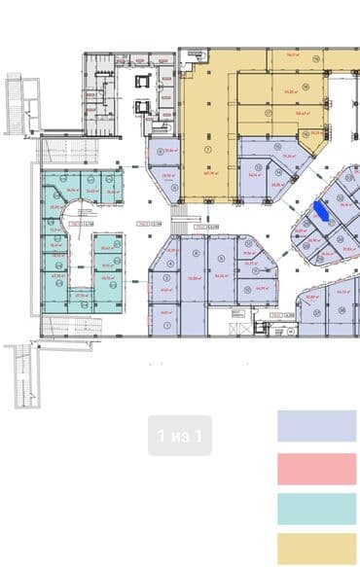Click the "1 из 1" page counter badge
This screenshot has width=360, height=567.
tap(180, 436)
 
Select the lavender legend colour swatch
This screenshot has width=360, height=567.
tap(316, 426)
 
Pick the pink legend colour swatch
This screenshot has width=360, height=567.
tap(316, 468)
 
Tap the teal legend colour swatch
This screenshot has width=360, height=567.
tap(316, 509)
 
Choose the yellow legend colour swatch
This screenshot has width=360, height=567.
tap(316, 549)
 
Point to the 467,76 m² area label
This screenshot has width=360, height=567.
tap(207, 172)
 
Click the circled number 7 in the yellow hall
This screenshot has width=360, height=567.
tap(207, 151)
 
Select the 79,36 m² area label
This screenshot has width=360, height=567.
tap(288, 155)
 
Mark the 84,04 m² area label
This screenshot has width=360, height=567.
tap(221, 275)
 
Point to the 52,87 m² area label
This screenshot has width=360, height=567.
tap(312, 296)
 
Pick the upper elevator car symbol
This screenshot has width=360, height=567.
tap(144, 81)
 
